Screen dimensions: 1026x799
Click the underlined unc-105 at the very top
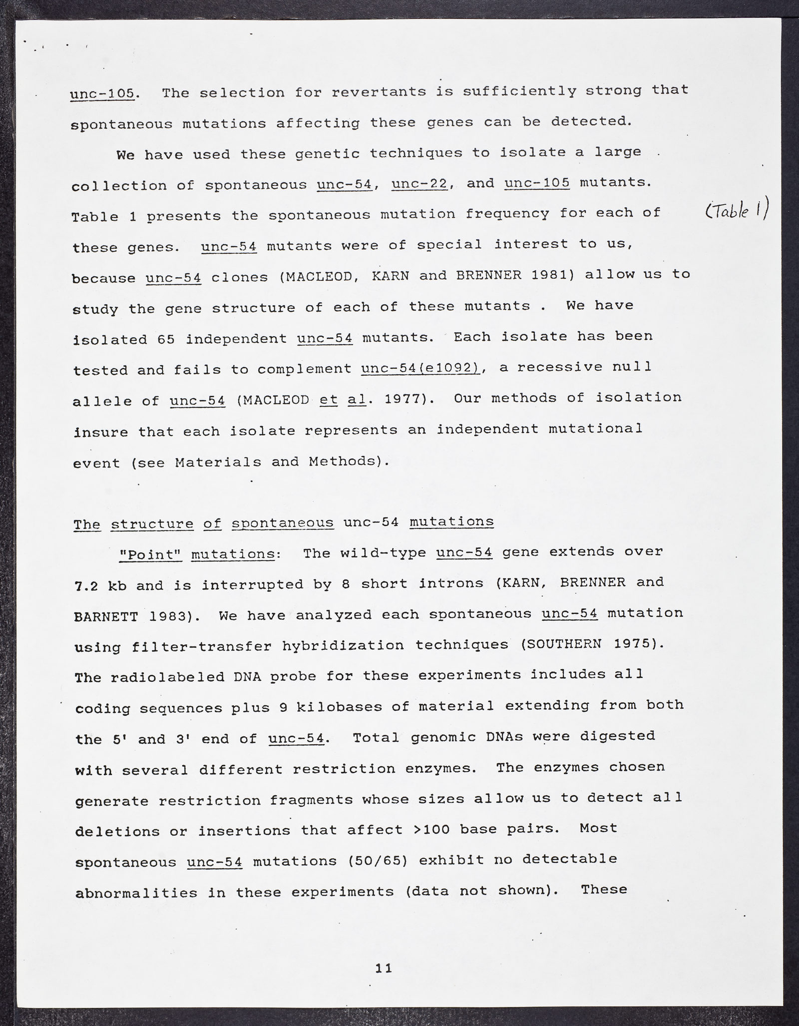102,93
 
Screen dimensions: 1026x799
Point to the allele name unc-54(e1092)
420,368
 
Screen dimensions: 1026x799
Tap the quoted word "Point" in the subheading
151,554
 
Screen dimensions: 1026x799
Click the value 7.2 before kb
86,585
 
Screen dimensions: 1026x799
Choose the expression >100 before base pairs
432,829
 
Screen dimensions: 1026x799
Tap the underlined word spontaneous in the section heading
283,523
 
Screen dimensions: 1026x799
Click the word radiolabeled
163,677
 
